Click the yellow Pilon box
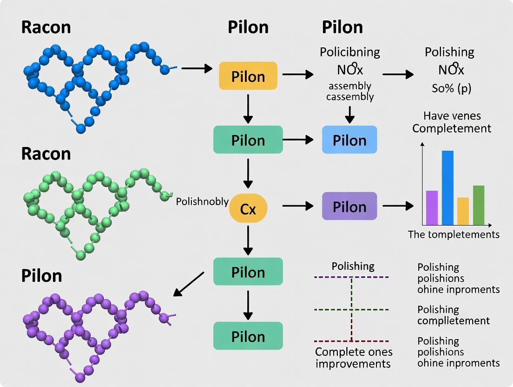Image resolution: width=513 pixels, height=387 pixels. (x=248, y=76)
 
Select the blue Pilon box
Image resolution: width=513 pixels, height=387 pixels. (x=349, y=140)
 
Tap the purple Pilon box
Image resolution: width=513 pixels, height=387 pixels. (x=349, y=206)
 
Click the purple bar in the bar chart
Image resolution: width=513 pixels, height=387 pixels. (x=432, y=207)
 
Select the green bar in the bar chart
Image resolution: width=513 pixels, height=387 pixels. (x=479, y=205)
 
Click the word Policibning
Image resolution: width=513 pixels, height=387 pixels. (x=350, y=52)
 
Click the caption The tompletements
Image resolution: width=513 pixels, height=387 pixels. (x=454, y=234)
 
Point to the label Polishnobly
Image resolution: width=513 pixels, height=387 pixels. (x=202, y=202)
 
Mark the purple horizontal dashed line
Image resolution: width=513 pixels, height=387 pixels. (x=351, y=277)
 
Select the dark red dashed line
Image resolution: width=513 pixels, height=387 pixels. (x=351, y=341)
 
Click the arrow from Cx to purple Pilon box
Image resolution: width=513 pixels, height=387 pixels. (x=297, y=206)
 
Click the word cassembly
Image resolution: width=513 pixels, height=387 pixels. (x=350, y=97)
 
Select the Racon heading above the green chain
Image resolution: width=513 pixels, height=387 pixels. (x=46, y=153)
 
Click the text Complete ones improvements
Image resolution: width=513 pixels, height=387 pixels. (x=354, y=357)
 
